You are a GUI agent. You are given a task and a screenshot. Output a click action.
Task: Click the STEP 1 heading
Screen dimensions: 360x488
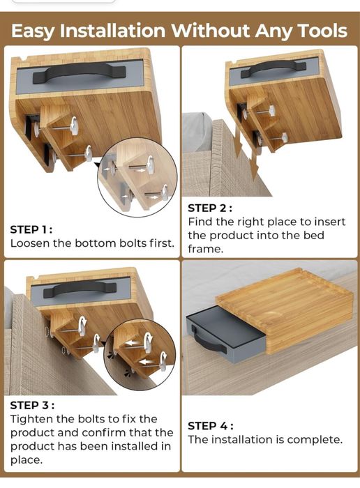click(x=31, y=229)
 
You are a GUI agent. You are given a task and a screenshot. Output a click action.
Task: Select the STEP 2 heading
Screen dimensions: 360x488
click(x=210, y=208)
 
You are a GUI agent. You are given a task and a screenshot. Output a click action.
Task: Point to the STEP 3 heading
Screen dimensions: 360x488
click(x=32, y=405)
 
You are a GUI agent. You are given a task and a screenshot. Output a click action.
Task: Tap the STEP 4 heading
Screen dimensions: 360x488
click(x=211, y=426)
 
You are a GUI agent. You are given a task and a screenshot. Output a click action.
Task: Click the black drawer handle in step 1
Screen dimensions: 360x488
click(x=80, y=73)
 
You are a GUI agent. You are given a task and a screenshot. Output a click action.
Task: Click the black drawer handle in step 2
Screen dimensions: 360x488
click(x=273, y=69)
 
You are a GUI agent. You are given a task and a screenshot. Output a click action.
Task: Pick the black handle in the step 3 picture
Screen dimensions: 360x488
click(x=80, y=289)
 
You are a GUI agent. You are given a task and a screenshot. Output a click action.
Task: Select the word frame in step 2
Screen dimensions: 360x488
click(x=206, y=249)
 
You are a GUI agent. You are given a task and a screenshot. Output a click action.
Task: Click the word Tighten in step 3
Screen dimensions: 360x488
click(x=31, y=420)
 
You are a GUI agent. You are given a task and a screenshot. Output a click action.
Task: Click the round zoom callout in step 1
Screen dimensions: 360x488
click(x=137, y=178)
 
